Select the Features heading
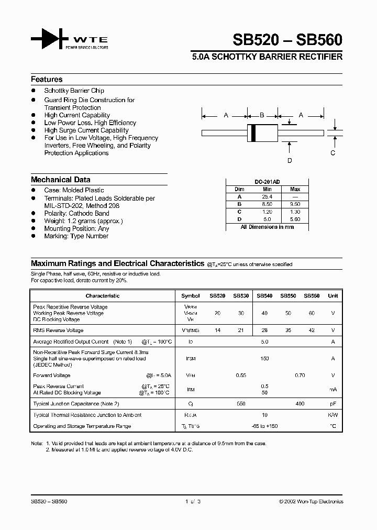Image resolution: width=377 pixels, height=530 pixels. tap(47, 80)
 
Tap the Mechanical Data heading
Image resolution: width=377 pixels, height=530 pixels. tap(61, 180)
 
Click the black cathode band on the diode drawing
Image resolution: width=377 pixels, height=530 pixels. tap(254, 132)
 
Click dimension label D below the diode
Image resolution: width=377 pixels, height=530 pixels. tap(290, 161)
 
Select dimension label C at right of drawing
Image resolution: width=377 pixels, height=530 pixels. tap(332, 153)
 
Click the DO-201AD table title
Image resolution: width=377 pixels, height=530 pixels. tap(267, 182)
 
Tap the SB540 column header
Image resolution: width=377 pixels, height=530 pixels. tap(264, 296)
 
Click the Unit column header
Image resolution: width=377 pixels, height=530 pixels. tap(333, 296)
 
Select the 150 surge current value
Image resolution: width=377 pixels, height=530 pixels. tap(264, 359)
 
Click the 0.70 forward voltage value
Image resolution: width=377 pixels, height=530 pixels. tap(300, 376)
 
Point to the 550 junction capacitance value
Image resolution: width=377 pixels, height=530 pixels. tap(241, 404)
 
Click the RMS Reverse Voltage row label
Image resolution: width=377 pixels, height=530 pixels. tap(58, 330)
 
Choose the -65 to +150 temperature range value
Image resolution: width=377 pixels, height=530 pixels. tap(264, 426)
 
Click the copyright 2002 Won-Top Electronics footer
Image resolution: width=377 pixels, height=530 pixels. tap(311, 502)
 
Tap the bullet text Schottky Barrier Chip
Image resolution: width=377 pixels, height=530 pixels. tap(74, 91)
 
